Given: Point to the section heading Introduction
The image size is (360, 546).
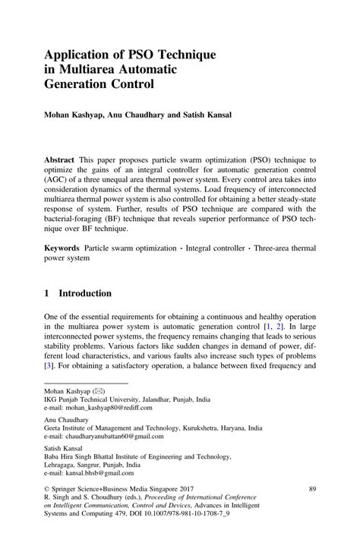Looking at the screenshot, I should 85,293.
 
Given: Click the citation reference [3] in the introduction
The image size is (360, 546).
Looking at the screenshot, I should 49,365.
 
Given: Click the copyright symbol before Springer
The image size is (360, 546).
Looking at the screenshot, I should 47,490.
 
